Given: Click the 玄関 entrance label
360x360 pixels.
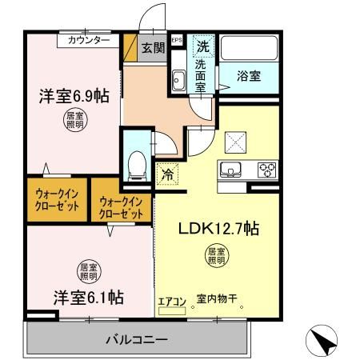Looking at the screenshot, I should coord(153,47).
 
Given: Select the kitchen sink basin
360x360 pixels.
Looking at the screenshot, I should coord(231,169).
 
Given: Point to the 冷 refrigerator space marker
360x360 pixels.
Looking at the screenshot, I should coord(168,172).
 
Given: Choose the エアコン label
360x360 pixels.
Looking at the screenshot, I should coord(171,301).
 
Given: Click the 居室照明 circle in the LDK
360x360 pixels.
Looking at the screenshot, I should coord(217,256).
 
